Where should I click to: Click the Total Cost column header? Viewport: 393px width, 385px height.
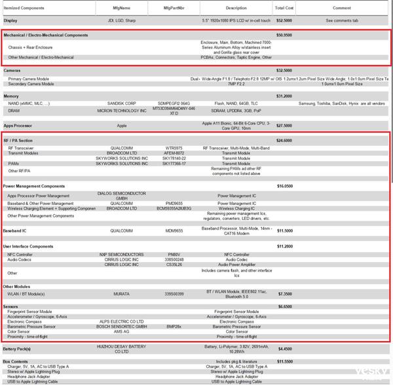coord(284,8)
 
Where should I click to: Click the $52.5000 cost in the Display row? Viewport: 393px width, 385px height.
coord(284,20)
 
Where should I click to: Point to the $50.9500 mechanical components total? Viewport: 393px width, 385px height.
coord(284,35)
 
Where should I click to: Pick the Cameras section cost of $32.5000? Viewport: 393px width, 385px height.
coord(284,70)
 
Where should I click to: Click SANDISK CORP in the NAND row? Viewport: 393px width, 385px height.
coord(121,103)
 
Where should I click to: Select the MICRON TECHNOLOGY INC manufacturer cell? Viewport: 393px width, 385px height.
coord(121,111)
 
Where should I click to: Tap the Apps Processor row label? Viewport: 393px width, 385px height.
coord(18,125)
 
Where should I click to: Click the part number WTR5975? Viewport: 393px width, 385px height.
coord(174,148)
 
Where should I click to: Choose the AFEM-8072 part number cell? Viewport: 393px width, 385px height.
coord(174,153)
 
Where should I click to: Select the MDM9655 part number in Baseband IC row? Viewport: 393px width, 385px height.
coord(174,231)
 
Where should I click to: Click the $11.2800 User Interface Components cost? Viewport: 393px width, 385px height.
coord(284,246)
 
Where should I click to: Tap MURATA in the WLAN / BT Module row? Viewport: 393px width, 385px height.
coord(121,294)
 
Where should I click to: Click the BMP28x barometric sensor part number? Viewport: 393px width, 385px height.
coord(174,325)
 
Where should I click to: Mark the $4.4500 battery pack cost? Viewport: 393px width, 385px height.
coord(284,349)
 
